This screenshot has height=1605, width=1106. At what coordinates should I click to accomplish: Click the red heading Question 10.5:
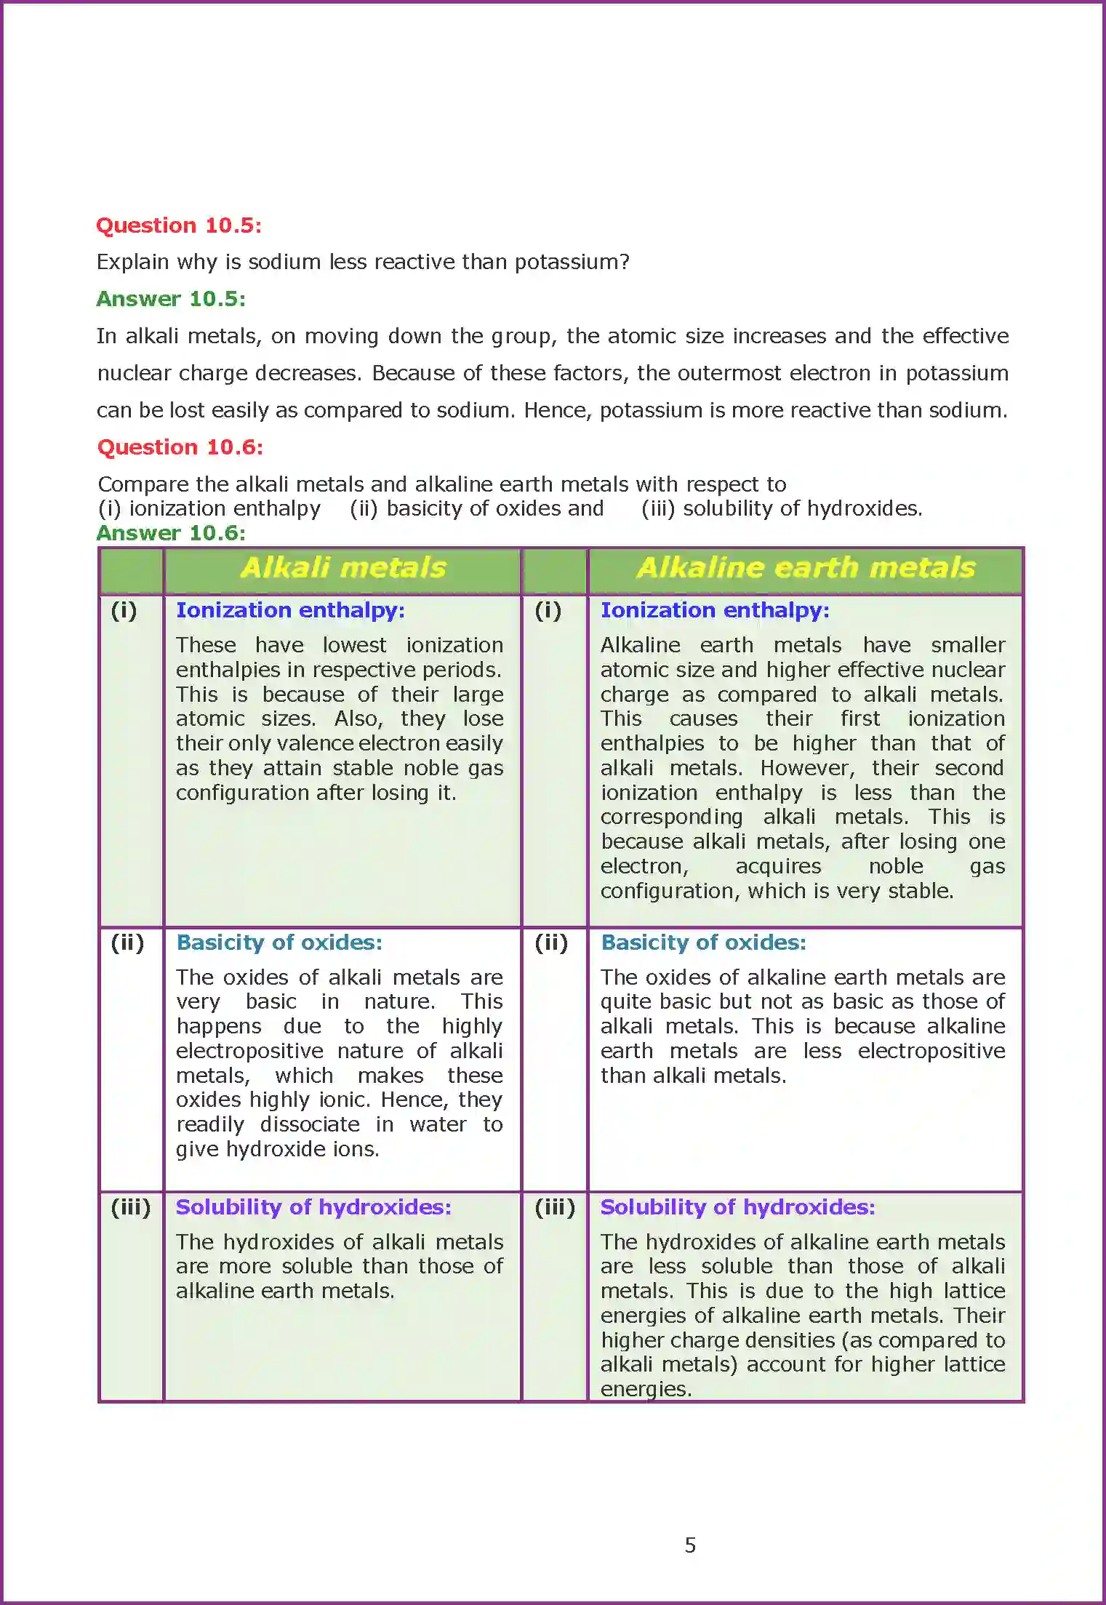click(x=178, y=225)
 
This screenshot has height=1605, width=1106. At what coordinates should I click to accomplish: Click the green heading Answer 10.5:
click(x=171, y=299)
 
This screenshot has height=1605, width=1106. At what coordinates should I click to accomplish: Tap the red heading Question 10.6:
click(x=180, y=447)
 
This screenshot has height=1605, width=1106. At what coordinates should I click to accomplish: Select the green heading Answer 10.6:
click(x=171, y=533)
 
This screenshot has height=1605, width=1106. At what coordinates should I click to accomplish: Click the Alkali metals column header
click(x=342, y=568)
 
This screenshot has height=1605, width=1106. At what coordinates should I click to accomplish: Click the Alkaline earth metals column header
click(x=805, y=568)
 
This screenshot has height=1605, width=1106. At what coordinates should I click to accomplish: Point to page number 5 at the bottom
click(x=690, y=1545)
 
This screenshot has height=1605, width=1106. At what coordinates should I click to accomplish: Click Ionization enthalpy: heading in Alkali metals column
click(x=290, y=610)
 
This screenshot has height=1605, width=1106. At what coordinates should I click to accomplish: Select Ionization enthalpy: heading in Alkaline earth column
click(x=715, y=610)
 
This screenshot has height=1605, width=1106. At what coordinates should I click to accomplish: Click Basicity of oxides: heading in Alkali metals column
click(x=278, y=942)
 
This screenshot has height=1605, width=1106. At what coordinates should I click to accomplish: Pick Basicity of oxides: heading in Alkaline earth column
click(x=703, y=942)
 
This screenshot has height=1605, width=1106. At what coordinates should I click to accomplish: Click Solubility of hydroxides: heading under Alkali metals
click(x=313, y=1207)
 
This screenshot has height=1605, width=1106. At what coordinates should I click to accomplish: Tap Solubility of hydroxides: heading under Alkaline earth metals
click(x=737, y=1207)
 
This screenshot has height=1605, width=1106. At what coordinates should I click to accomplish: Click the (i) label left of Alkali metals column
click(x=124, y=611)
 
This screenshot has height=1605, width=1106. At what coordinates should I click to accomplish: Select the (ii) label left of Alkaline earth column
click(x=551, y=943)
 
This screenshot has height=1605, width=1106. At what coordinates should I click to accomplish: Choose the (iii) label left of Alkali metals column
click(x=131, y=1208)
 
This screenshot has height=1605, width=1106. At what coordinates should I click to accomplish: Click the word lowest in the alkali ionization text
click(x=354, y=645)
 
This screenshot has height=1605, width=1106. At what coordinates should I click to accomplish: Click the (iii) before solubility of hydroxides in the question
click(x=658, y=508)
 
